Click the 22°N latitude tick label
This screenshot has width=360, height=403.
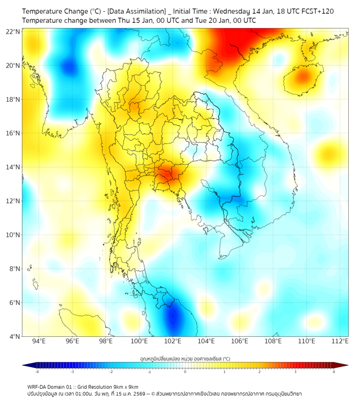click(x=13, y=31)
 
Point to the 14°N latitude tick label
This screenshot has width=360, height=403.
click(x=13, y=167)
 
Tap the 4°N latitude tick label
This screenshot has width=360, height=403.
click(x=14, y=336)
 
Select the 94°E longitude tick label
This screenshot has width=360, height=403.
click(x=39, y=342)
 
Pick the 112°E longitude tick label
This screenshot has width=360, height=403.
click(x=341, y=342)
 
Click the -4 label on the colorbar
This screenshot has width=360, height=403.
click(x=37, y=372)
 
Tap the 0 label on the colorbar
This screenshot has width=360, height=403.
click(x=185, y=372)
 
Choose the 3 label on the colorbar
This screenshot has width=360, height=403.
click(x=296, y=372)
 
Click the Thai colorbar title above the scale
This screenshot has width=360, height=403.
click(x=185, y=358)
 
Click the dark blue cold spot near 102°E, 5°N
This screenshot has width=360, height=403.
click(x=173, y=319)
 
